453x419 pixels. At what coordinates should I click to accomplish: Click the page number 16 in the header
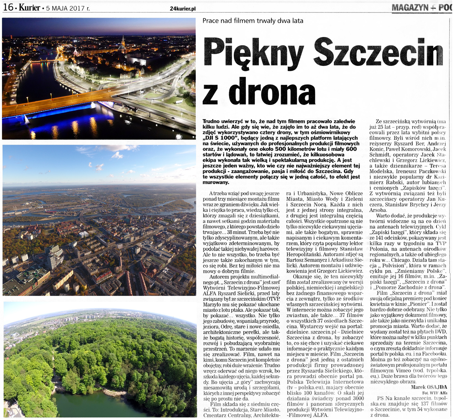pos(8,7)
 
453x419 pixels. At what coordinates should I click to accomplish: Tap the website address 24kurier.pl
pos(183,8)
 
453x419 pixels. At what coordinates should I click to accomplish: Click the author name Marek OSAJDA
pos(429,387)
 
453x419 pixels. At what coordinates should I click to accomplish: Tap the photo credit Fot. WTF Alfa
pos(435,393)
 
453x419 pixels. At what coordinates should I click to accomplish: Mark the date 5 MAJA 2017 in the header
pos(67,8)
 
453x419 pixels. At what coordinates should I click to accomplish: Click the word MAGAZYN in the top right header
pos(409,7)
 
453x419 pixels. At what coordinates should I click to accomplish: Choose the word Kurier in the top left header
pos(29,7)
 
